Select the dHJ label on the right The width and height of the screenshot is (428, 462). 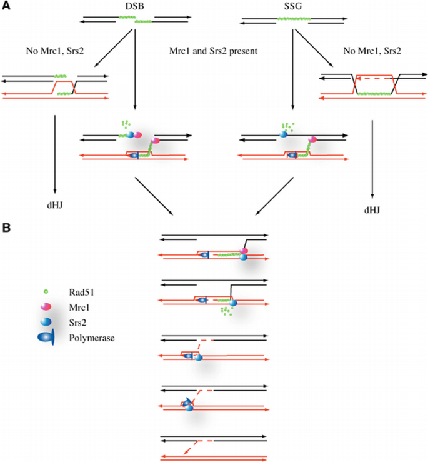[x=372, y=211]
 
